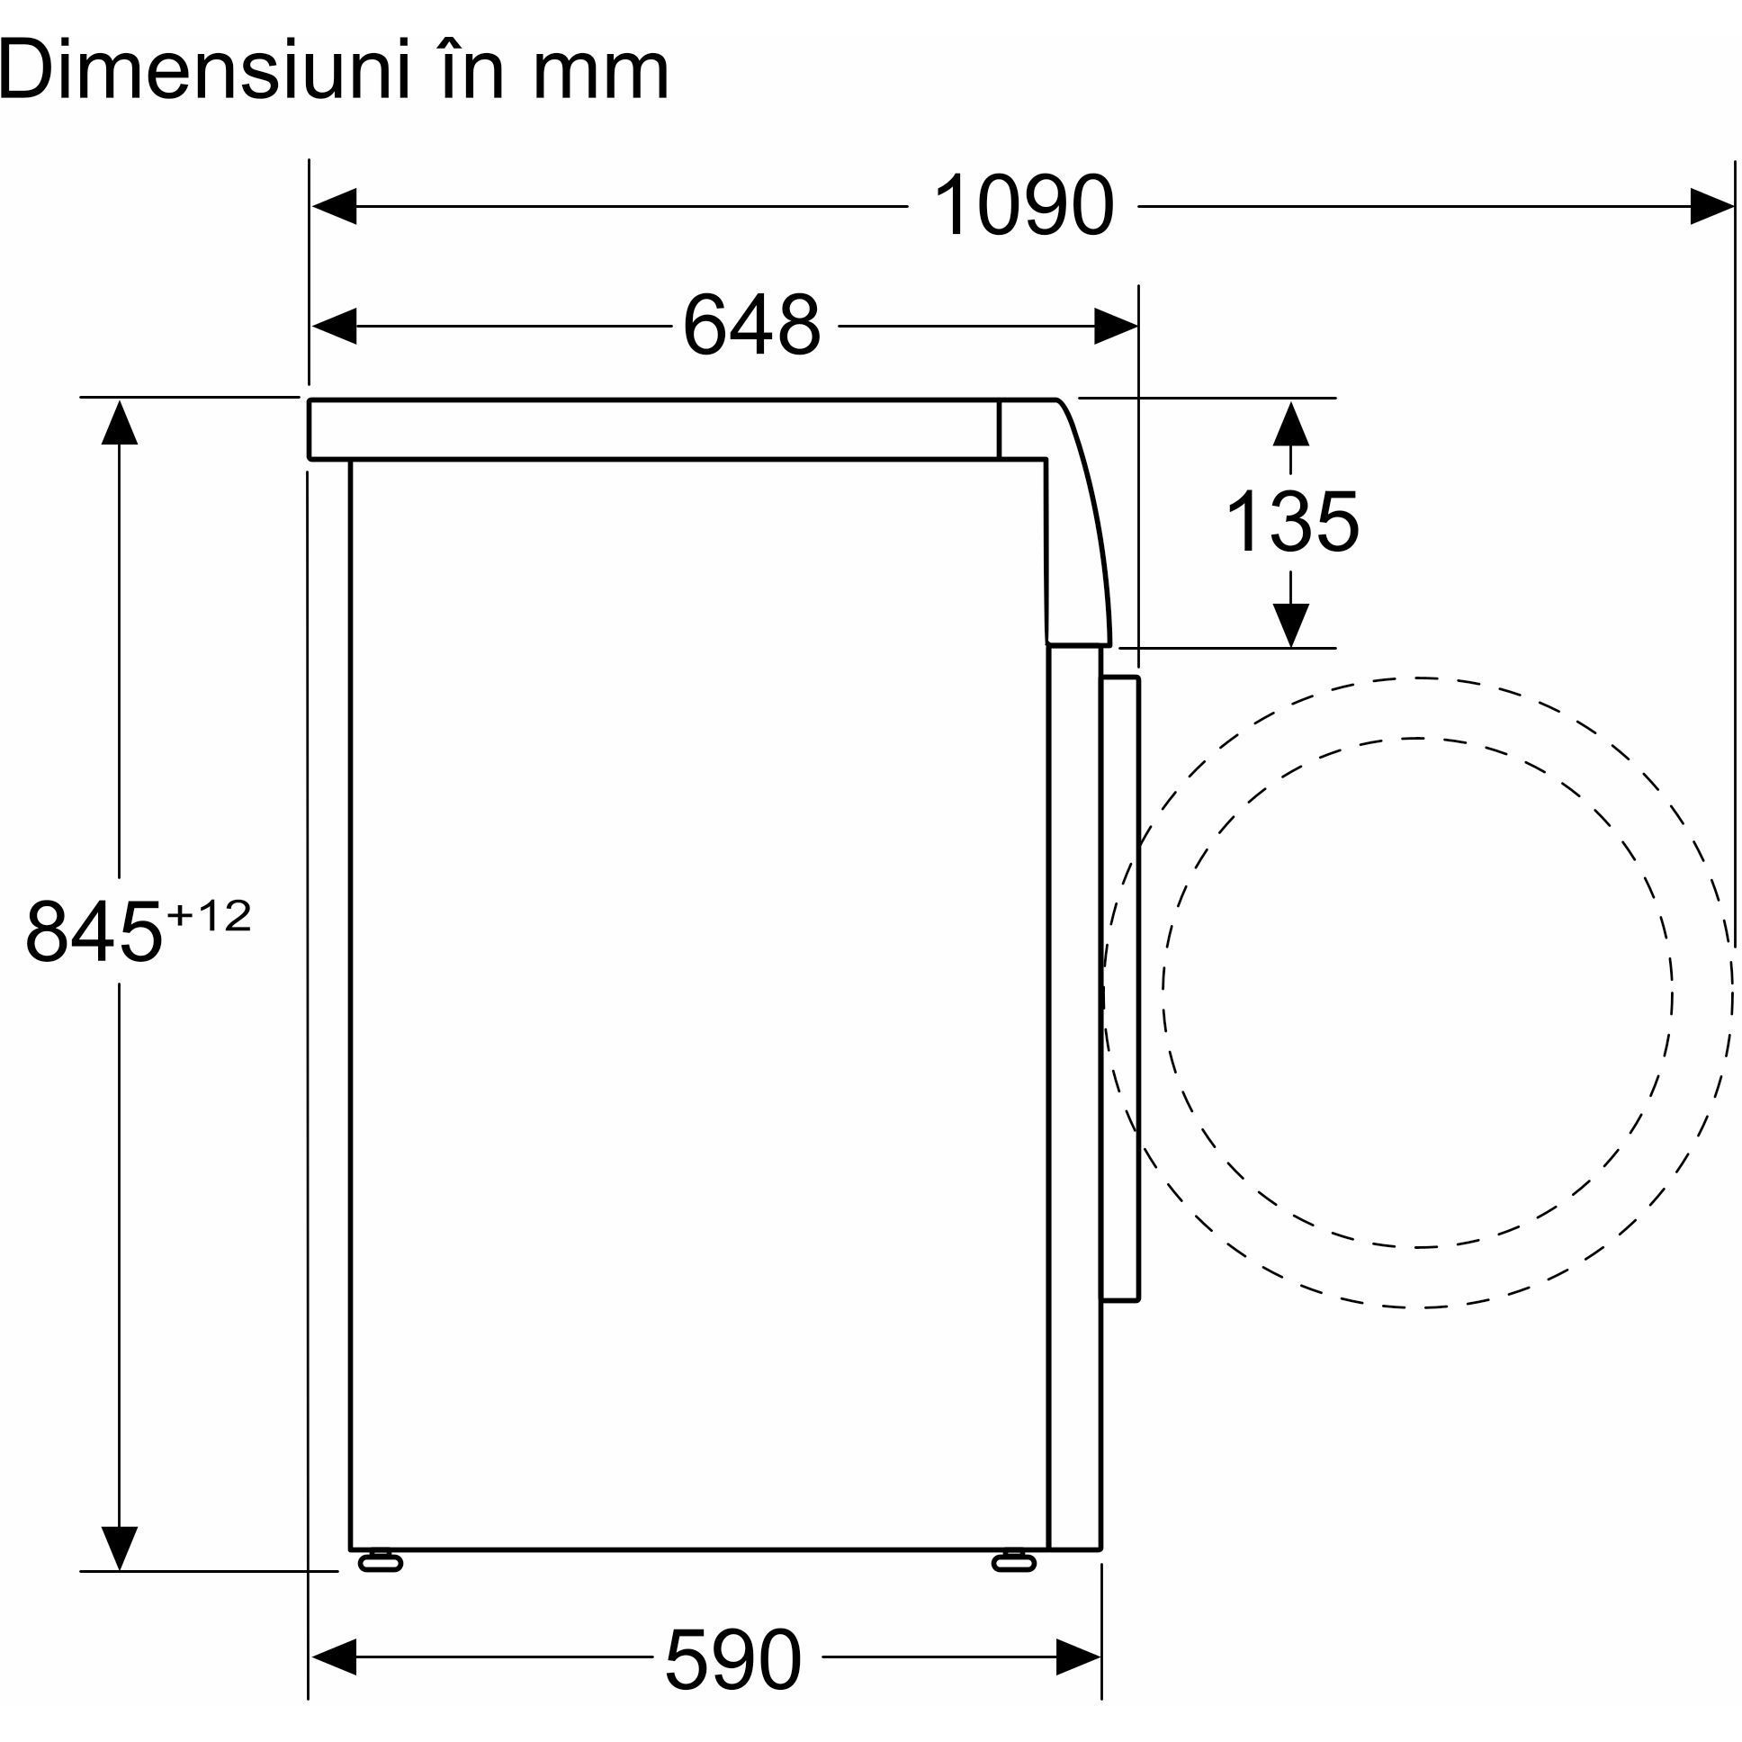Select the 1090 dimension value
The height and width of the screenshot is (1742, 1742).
(x=1023, y=206)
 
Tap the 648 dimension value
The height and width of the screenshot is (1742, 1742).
(x=751, y=326)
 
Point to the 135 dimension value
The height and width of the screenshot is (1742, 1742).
(x=1292, y=522)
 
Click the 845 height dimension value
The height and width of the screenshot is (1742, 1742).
(x=94, y=932)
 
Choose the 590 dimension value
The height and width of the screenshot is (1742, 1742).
(x=733, y=1658)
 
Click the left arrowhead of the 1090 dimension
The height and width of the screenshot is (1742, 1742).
(x=334, y=206)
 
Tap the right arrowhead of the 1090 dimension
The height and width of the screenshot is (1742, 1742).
(x=1711, y=206)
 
